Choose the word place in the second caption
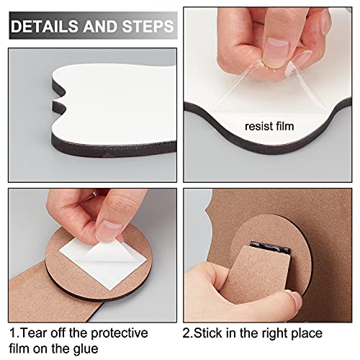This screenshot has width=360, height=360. tap(304, 333)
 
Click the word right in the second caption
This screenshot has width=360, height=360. tap(269, 333)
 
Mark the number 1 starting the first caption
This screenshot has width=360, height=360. tap(13, 333)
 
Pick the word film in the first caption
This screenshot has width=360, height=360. tap(24, 349)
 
